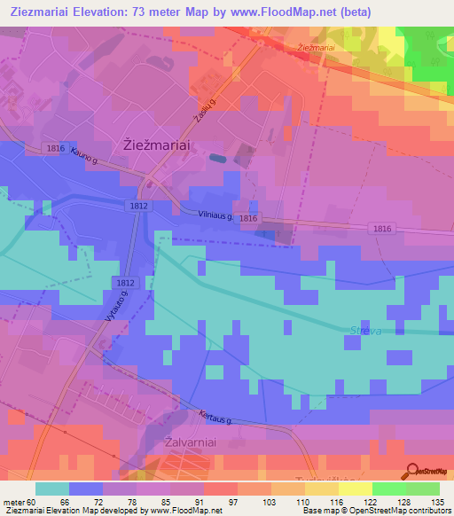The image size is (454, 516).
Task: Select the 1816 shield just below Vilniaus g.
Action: click(247, 218)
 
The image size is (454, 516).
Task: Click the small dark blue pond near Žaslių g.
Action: click(217, 159)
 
